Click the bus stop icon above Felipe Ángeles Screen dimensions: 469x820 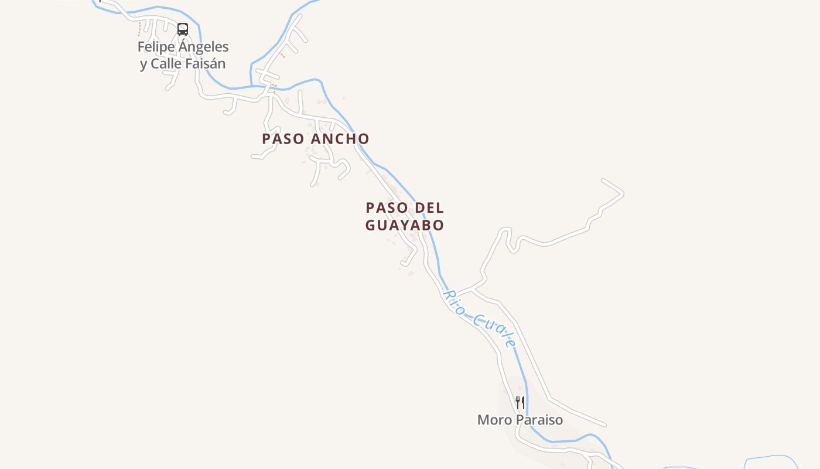pyautogui.click(x=183, y=29)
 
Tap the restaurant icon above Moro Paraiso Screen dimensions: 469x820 pyautogui.click(x=520, y=402)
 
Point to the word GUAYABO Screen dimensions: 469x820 pyautogui.click(x=405, y=225)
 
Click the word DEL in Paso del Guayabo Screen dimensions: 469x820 pyautogui.click(x=429, y=208)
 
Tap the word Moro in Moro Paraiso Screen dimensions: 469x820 pyautogui.click(x=490, y=420)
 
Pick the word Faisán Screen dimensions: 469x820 pyautogui.click(x=205, y=64)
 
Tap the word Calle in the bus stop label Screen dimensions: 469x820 pyautogui.click(x=166, y=64)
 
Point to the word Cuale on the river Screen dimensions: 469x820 pyautogui.click(x=496, y=331)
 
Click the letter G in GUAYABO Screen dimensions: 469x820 pyautogui.click(x=371, y=225)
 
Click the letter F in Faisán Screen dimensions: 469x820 pyautogui.click(x=189, y=64)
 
